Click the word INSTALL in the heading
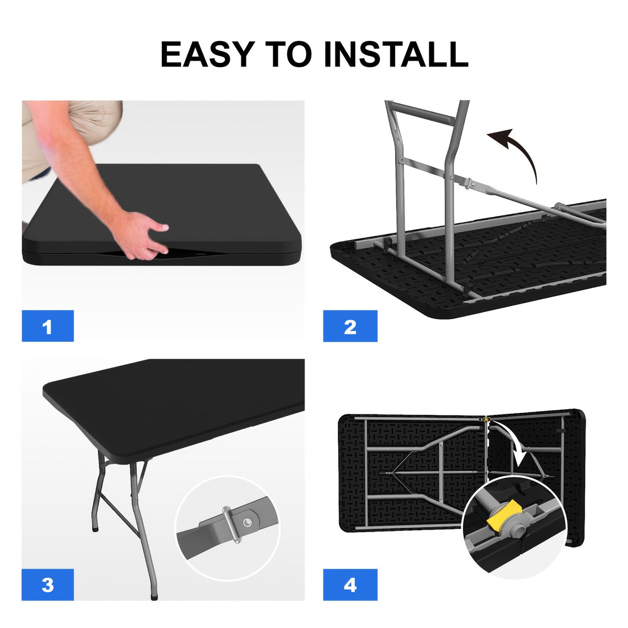coord(396,54)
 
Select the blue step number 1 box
coord(48,326)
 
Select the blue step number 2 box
coord(350,326)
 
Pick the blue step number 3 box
coord(48,585)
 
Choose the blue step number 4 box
coord(350,585)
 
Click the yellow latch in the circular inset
coord(504,517)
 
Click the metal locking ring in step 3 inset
coord(232,525)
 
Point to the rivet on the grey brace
coord(248,523)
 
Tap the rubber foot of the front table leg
coord(154,597)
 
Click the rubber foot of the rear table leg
coord(95,529)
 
